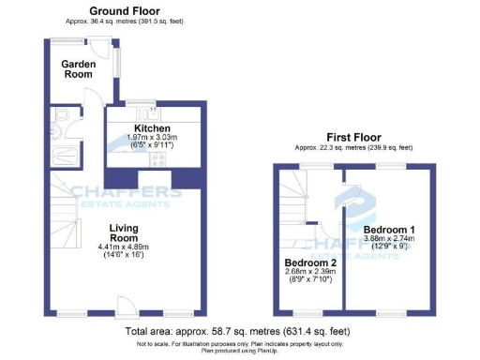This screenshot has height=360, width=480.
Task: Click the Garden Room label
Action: click(x=79, y=68)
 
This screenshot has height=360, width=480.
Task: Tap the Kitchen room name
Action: click(x=151, y=128)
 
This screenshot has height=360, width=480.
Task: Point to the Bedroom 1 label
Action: click(x=390, y=230)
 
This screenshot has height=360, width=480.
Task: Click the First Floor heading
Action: click(x=352, y=136)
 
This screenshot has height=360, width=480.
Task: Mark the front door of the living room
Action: click(x=124, y=307)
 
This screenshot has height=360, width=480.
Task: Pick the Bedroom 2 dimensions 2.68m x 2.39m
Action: click(x=310, y=275)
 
